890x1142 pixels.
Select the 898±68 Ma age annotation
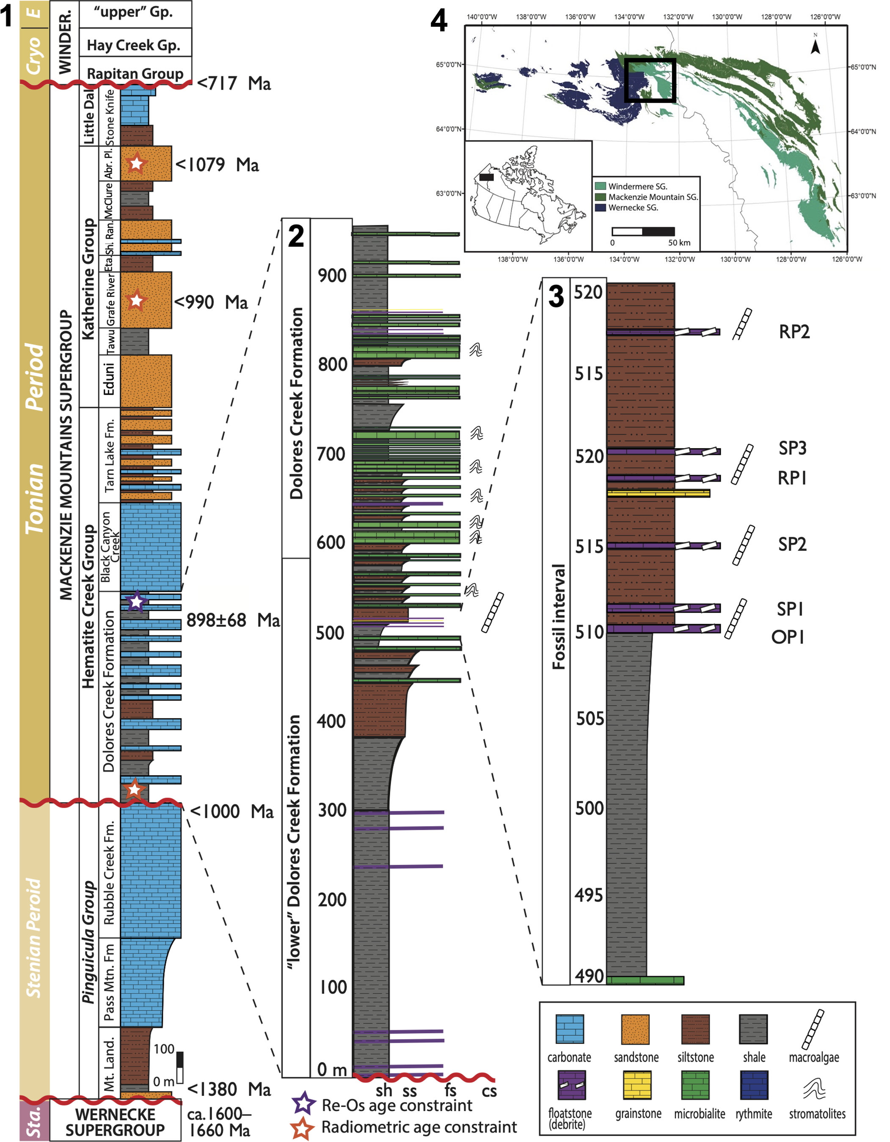coord(233,620)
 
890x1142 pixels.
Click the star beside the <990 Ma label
coord(136,301)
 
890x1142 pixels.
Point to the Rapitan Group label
coord(135,74)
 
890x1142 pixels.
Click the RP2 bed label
coord(794,332)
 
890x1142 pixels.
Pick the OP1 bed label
coord(788,637)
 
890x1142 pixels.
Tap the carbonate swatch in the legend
coord(570,1029)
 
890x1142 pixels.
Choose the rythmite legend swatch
coord(754,1084)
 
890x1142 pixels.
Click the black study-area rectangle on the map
coord(650,80)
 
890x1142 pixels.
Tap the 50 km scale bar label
coord(679,242)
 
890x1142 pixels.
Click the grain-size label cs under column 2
coord(489,1090)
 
